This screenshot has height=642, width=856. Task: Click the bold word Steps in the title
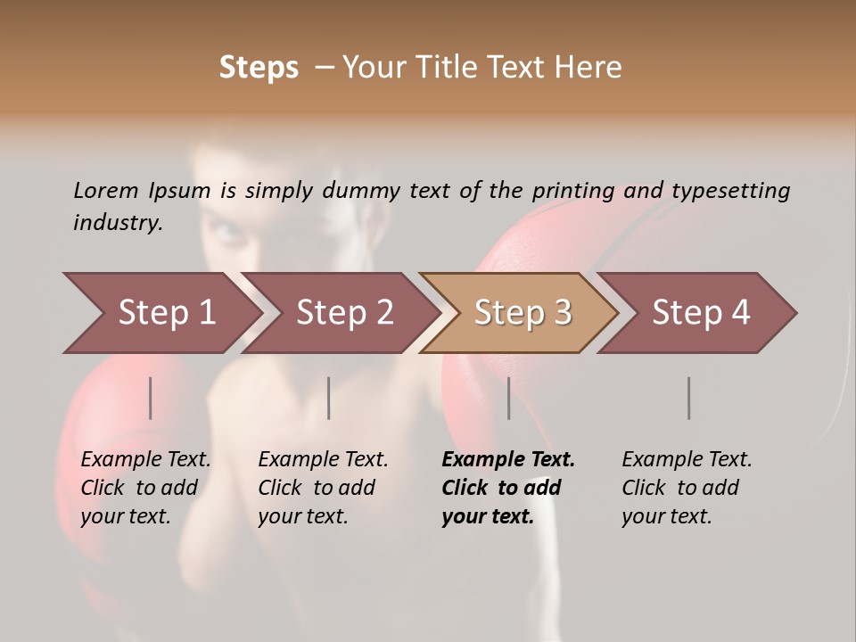click(x=259, y=68)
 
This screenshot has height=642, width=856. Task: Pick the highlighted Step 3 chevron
click(x=522, y=313)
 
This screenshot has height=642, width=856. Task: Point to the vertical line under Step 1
click(x=151, y=398)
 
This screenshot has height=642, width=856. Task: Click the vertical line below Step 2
click(x=329, y=398)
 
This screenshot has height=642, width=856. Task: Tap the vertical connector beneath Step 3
click(x=509, y=398)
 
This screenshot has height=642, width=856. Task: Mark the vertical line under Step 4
click(x=688, y=398)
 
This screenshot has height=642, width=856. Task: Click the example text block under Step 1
click(x=145, y=488)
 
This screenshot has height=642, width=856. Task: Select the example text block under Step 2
click(x=323, y=488)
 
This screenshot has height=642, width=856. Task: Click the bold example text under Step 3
click(x=507, y=488)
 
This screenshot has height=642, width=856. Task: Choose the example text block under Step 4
click(x=687, y=488)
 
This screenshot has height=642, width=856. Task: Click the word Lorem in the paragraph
click(x=105, y=190)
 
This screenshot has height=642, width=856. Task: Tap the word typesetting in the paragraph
click(x=730, y=191)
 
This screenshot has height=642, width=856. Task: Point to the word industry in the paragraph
click(x=117, y=223)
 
